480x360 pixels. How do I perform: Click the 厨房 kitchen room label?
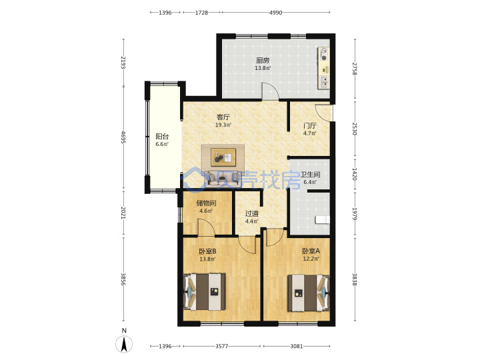point(263,60)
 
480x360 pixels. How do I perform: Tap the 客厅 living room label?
point(223,117)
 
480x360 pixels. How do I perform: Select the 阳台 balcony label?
point(162,137)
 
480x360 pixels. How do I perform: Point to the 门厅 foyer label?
point(310,125)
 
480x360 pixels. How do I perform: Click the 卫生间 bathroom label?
point(310,175)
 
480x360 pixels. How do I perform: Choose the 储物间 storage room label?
point(206,203)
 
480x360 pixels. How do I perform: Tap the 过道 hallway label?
point(251,213)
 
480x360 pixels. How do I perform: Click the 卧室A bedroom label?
point(311,251)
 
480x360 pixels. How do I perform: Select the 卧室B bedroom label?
point(207,251)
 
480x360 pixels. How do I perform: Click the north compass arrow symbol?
point(124,344)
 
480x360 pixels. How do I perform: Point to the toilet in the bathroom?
point(322,219)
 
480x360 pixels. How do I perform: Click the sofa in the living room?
point(222,178)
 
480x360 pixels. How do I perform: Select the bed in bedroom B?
point(205,292)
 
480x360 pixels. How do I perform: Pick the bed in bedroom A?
point(309,293)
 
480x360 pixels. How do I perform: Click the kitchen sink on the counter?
point(324,82)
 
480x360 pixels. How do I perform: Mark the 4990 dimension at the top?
point(275,13)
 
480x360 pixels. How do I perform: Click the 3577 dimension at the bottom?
point(221,346)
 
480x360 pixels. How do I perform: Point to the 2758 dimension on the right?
point(355,69)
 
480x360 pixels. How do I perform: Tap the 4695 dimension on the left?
point(123,137)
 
